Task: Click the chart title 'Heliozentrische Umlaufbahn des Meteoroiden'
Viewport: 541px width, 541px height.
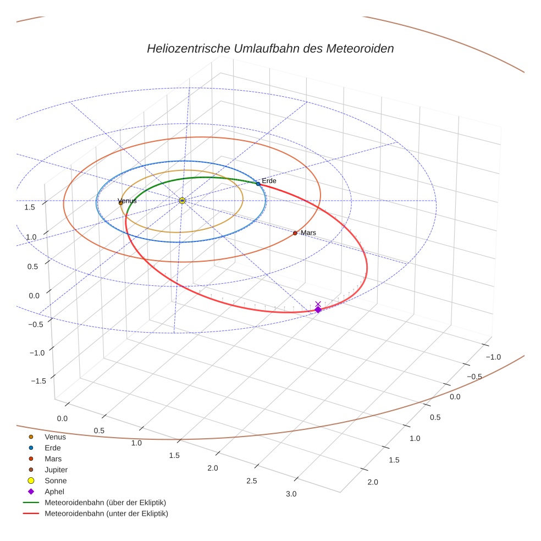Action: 270,48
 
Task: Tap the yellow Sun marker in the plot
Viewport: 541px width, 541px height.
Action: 182,201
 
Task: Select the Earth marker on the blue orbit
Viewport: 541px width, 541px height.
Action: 258,183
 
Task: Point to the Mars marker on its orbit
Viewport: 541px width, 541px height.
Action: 295,233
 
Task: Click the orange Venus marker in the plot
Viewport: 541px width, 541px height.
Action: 121,203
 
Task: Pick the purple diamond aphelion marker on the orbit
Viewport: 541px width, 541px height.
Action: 318,310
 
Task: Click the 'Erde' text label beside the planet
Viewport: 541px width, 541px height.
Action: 269,181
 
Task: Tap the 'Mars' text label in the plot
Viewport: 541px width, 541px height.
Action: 308,233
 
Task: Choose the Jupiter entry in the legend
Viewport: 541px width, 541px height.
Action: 56,470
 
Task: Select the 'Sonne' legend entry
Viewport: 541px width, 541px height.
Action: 56,481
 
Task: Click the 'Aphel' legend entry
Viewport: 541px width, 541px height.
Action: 54,492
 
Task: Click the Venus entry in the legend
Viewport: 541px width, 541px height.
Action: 55,437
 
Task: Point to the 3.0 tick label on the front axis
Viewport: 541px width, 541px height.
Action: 291,494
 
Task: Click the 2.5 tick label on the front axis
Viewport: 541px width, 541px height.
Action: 251,481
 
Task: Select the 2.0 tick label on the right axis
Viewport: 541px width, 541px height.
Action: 372,483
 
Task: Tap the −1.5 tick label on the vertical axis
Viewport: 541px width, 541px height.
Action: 37,381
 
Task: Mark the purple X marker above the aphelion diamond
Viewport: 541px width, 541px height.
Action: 318,303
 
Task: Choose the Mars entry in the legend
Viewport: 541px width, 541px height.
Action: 53,459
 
